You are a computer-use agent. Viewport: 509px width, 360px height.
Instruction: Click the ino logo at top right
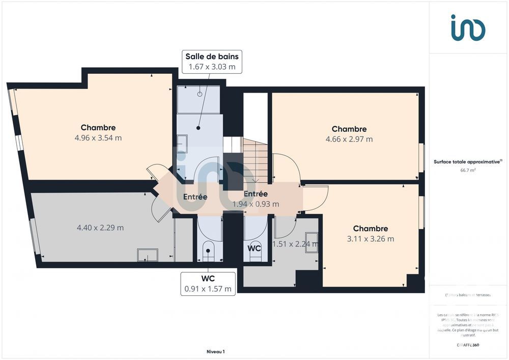click(x=468, y=27)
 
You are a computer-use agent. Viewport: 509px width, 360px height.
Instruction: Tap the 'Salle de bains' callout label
click(x=212, y=57)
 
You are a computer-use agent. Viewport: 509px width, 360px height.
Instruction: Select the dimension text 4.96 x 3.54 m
click(x=98, y=137)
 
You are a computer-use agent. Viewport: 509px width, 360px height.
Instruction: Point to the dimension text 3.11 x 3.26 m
click(x=371, y=239)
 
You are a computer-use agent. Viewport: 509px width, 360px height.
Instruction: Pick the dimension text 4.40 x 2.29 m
click(x=100, y=228)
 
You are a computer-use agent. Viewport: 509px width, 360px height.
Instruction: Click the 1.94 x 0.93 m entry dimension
click(x=256, y=204)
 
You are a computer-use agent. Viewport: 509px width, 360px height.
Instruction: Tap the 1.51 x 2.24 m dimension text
click(x=295, y=244)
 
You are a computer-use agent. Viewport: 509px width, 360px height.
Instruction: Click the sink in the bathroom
click(x=182, y=144)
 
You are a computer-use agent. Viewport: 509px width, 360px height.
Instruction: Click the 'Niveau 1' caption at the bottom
click(x=215, y=351)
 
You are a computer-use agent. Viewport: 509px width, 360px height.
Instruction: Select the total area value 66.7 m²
click(x=468, y=171)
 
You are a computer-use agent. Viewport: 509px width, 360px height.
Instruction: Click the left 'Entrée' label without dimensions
click(x=195, y=197)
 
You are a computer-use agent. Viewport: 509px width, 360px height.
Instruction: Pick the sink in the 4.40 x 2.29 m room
click(x=148, y=255)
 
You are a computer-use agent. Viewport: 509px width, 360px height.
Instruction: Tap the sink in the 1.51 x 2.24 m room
click(x=311, y=242)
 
